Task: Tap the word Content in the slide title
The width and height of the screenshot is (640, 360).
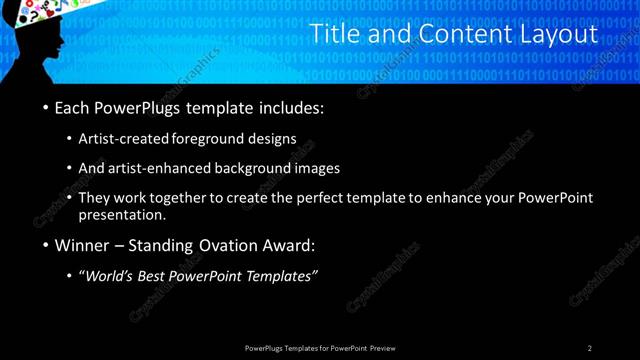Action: (x=449, y=35)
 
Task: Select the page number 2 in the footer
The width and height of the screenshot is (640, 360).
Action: (x=590, y=348)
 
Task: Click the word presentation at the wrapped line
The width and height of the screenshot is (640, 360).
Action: (x=127, y=214)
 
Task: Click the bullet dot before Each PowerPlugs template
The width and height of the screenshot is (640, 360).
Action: (x=46, y=108)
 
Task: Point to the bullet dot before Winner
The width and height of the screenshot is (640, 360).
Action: (x=46, y=245)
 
